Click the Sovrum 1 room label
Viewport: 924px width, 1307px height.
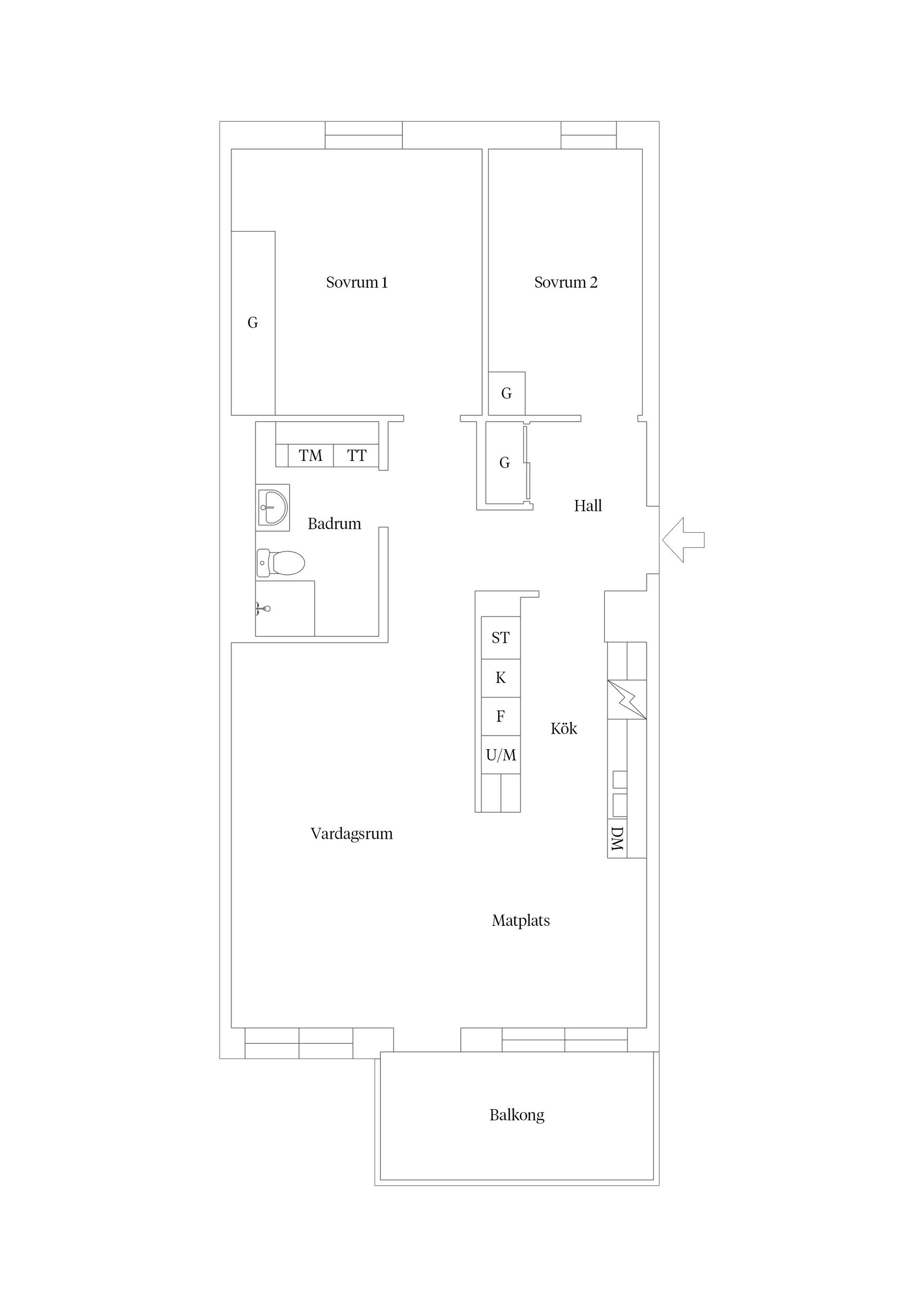tap(357, 282)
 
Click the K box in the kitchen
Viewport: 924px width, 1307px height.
tap(500, 678)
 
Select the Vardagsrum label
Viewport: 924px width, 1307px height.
tap(351, 834)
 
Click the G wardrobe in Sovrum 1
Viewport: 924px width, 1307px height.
tap(253, 323)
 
